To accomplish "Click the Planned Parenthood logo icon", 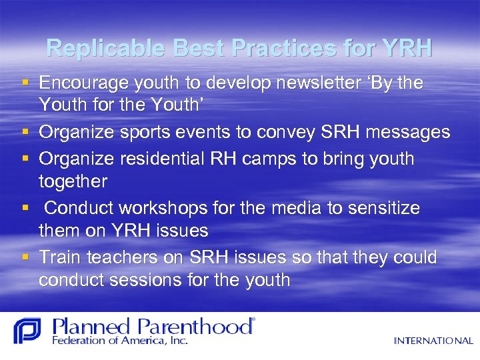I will [x=27, y=331].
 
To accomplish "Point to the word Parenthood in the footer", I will [x=196, y=326].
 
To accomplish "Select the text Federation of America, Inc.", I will [x=120, y=341].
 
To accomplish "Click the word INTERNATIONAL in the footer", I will [x=433, y=341].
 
